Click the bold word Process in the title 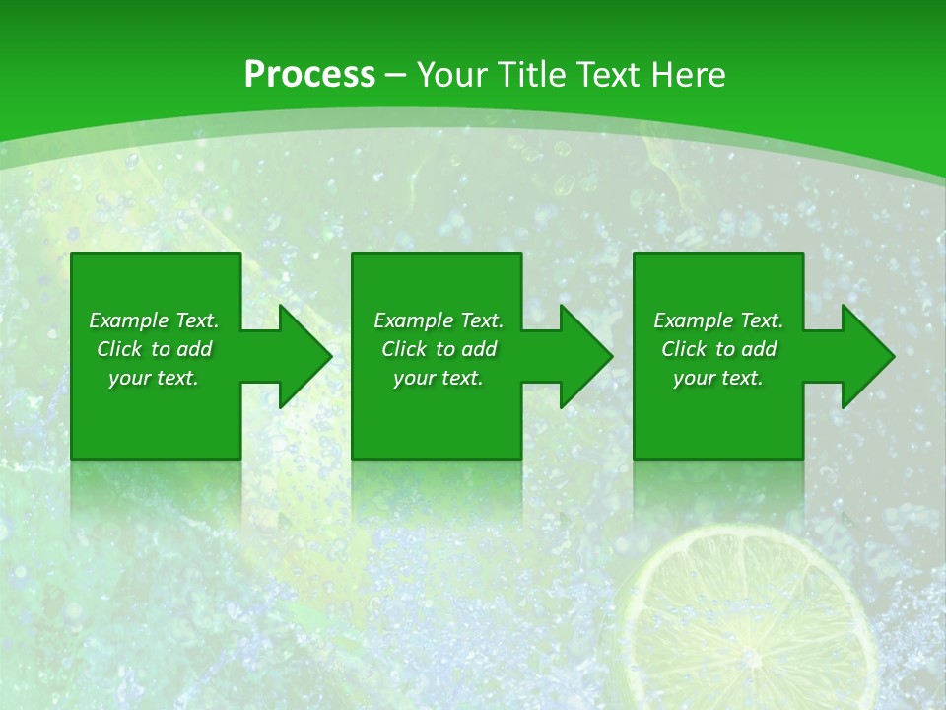pyautogui.click(x=309, y=75)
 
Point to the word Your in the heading pyautogui.click(x=450, y=75)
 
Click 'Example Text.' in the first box pyautogui.click(x=154, y=320)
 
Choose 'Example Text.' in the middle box pyautogui.click(x=439, y=320)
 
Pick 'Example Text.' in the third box pyautogui.click(x=718, y=320)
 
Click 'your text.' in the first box pyautogui.click(x=154, y=378)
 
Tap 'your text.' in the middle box pyautogui.click(x=439, y=378)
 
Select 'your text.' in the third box pyautogui.click(x=718, y=378)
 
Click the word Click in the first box pyautogui.click(x=118, y=349)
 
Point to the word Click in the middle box pyautogui.click(x=403, y=349)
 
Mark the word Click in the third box pyautogui.click(x=683, y=349)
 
